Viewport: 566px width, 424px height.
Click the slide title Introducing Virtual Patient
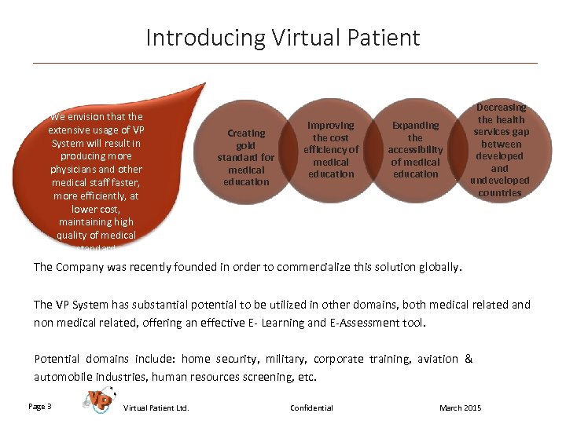283,38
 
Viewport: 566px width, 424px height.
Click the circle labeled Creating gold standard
246,157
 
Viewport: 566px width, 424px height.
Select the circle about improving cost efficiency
331,149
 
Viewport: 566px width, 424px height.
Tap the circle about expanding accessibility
415,149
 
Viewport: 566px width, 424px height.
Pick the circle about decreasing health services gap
500,149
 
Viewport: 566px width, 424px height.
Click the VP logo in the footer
98,400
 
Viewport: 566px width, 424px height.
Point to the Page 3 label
40,406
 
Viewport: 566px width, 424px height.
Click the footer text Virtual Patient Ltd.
156,408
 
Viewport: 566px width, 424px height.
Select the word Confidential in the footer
311,408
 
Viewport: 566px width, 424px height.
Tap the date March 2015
461,408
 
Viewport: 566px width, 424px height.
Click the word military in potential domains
286,359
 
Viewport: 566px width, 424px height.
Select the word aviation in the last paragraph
438,359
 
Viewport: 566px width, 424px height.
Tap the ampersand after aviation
469,359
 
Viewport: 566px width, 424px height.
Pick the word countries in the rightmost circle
500,192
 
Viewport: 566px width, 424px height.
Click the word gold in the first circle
246,145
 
